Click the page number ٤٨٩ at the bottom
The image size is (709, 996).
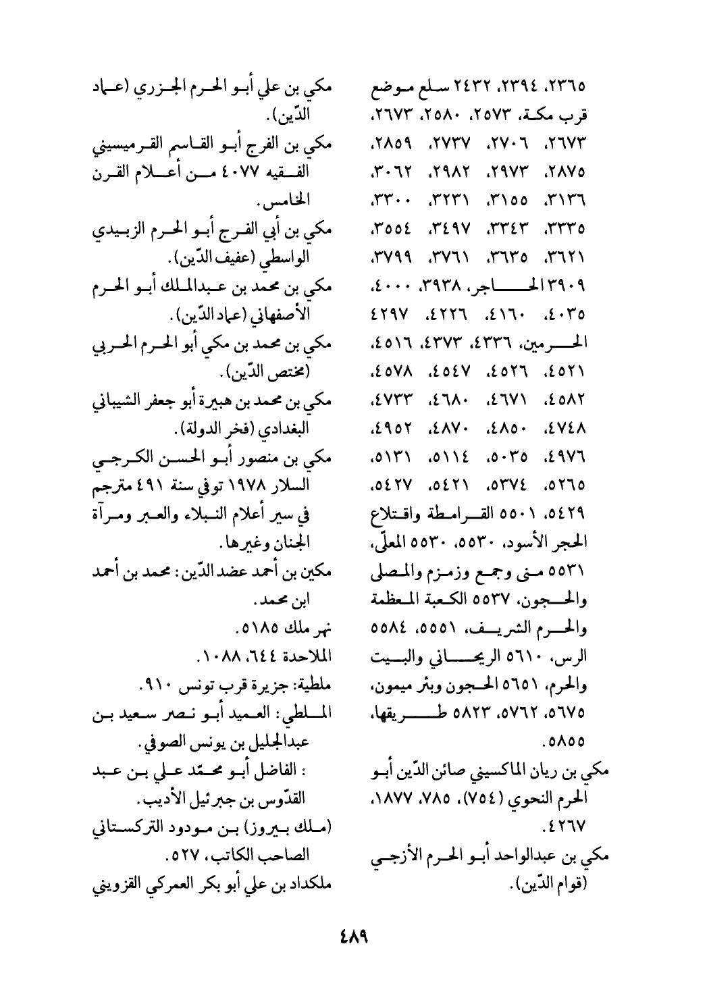point(354,939)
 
